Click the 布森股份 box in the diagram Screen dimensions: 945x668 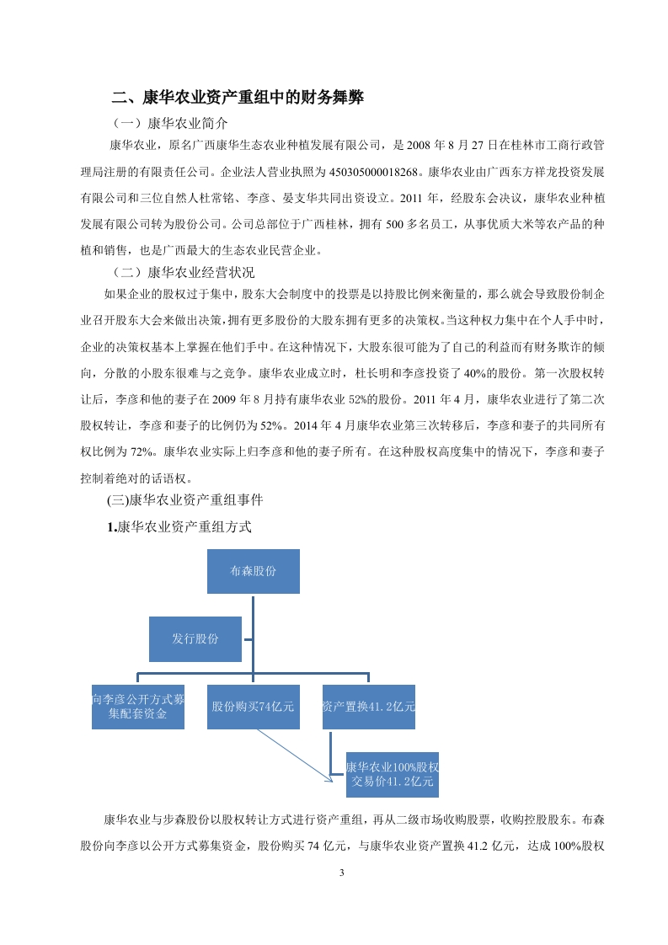point(254,571)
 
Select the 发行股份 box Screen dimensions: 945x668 point(195,638)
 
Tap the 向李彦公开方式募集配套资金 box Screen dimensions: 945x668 point(138,706)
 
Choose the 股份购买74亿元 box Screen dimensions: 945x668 point(254,706)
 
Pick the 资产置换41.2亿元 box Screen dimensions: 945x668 point(369,706)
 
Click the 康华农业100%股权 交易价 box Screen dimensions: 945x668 point(393,774)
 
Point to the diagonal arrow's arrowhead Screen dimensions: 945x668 point(329,778)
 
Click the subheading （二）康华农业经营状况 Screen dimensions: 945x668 point(183,273)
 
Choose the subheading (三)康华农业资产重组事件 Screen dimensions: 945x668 point(185,499)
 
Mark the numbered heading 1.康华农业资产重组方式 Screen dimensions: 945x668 point(179,527)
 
